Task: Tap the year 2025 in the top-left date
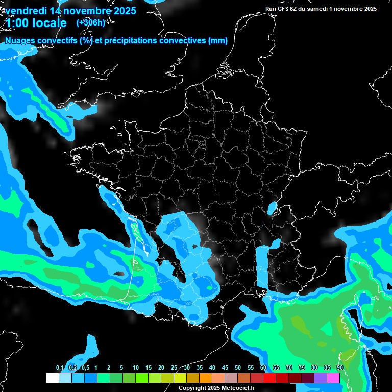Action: [x=121, y=11]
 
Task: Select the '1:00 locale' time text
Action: [x=36, y=23]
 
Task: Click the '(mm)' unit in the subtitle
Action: [x=217, y=41]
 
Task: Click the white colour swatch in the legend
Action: [x=52, y=378]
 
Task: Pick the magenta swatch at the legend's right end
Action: [x=333, y=378]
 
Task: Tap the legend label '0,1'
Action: [x=60, y=367]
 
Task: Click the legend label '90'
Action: [x=340, y=367]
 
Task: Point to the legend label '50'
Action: [x=238, y=367]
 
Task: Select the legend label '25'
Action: [x=174, y=367]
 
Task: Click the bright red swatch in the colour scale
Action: [x=269, y=378]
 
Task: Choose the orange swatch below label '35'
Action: [x=205, y=378]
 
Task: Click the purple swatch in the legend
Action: [x=321, y=378]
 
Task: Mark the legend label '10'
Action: [x=136, y=367]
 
